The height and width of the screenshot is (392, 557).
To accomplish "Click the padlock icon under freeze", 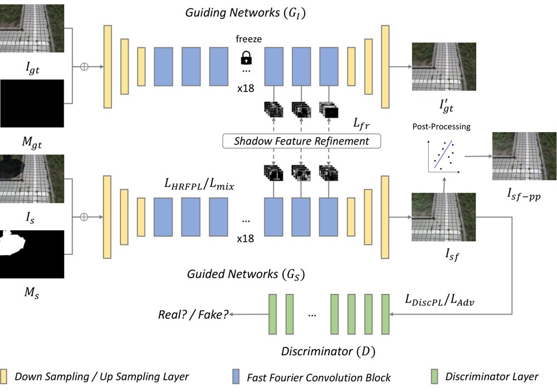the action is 246,57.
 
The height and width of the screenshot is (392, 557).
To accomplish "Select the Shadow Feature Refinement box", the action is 301,141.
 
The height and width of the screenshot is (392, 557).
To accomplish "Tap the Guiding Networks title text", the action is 246,13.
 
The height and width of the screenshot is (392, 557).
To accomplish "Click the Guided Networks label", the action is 246,274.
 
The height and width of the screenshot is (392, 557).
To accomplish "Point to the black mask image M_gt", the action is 32,103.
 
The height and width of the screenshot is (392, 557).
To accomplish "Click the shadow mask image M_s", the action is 32,254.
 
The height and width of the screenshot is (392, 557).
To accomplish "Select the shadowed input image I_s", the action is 32,178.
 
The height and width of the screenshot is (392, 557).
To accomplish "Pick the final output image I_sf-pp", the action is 524,156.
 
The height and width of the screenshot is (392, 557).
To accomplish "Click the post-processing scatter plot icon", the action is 444,156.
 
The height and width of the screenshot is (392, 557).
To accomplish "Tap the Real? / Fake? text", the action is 193,314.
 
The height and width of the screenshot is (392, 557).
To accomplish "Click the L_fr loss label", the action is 361,123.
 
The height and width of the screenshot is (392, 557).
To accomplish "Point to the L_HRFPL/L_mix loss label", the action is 199,184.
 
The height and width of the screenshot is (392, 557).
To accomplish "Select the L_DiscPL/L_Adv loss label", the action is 440,300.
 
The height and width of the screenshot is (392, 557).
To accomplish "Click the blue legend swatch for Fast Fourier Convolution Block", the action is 236,376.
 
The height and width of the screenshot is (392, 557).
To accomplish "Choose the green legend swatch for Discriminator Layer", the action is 434,376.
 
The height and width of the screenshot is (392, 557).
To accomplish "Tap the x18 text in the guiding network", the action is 246,88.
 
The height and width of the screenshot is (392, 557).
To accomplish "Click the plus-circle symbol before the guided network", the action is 84,217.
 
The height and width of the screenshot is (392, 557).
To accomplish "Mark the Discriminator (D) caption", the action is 328,351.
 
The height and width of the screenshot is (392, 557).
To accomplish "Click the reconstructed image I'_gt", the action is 444,66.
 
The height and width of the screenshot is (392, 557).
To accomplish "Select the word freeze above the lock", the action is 248,39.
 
